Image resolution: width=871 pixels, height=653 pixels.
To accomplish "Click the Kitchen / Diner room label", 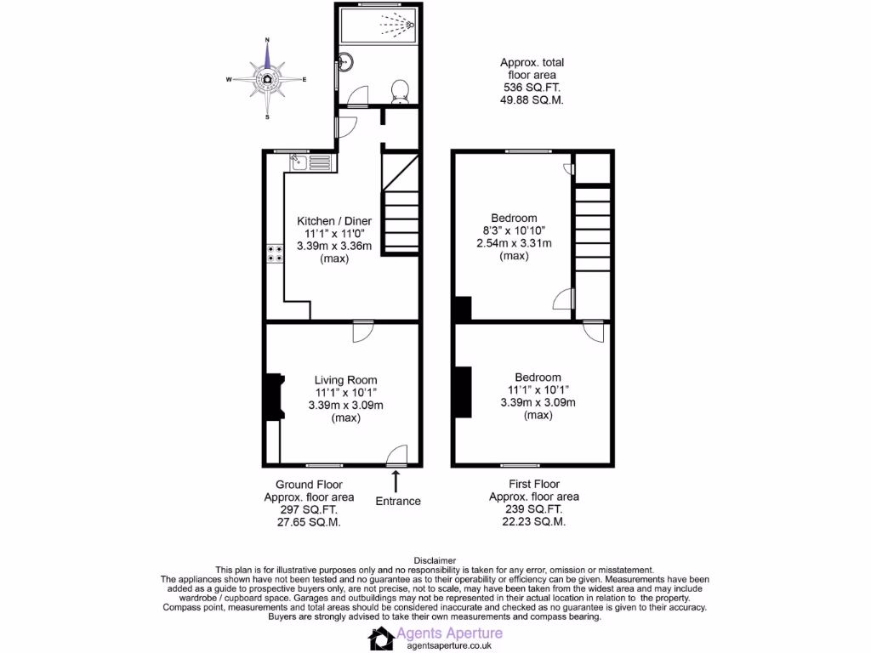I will (334, 221).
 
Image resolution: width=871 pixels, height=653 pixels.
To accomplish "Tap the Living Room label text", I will (345, 380).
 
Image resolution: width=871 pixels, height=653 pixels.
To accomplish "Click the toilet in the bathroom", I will (401, 91).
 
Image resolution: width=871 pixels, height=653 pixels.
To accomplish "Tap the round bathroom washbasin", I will (345, 61).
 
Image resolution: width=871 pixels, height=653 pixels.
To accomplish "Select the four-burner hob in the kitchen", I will (276, 253).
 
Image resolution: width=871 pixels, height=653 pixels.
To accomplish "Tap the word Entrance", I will (398, 501).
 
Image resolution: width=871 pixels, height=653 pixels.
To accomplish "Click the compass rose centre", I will (267, 79).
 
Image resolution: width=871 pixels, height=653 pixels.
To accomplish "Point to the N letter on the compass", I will (267, 40).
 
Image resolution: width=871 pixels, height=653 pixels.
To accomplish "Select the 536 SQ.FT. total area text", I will (531, 88).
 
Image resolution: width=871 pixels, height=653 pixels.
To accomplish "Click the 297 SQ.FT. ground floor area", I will (303, 510).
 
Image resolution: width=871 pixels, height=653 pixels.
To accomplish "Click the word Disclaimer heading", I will (435, 559).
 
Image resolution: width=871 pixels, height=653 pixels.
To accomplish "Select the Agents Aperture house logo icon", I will (385, 638).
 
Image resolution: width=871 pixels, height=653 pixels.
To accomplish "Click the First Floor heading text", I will (533, 484).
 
